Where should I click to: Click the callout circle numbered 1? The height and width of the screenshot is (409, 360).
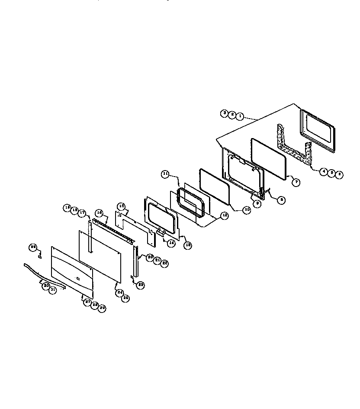(240, 116)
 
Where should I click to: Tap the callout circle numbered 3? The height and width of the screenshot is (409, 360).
(224, 113)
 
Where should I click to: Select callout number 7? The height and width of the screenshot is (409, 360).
(296, 182)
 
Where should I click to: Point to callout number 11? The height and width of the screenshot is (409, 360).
(165, 174)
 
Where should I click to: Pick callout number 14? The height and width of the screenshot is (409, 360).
(171, 243)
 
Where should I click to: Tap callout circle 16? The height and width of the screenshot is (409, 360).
(99, 213)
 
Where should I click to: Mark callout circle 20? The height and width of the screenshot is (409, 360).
(150, 257)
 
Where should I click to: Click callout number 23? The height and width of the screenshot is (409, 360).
(141, 285)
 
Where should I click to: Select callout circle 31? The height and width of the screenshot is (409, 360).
(52, 290)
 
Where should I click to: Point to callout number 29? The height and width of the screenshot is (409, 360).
(102, 308)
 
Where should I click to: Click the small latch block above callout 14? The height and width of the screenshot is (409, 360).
(161, 233)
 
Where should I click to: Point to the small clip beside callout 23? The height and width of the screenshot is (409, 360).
(132, 277)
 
